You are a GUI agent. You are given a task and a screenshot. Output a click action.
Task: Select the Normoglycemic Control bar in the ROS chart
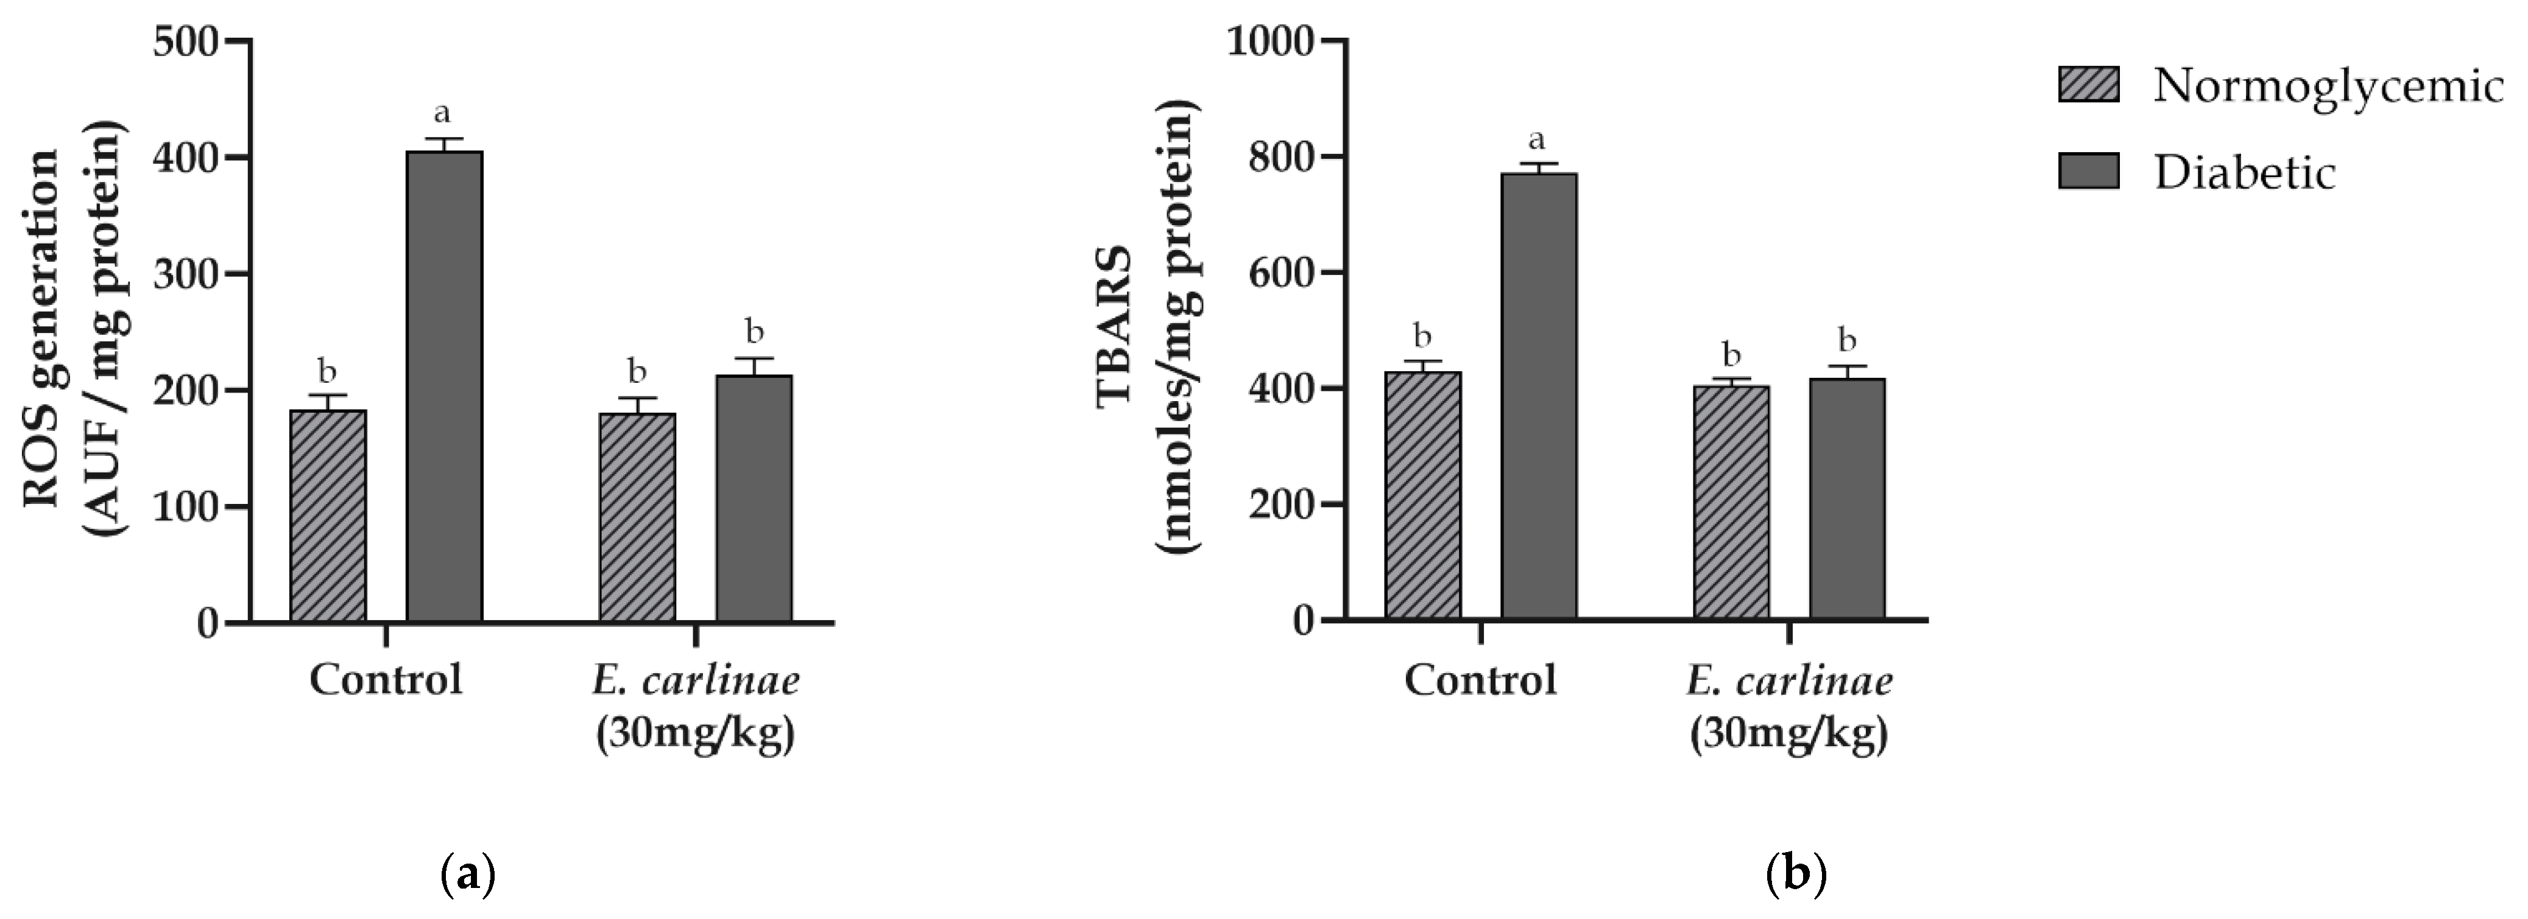[328, 516]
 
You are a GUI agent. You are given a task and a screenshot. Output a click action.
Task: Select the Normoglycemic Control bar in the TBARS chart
[1422, 495]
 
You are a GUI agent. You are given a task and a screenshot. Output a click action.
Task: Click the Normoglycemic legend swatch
[2088, 85]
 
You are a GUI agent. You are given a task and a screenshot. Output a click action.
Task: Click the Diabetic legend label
[2244, 173]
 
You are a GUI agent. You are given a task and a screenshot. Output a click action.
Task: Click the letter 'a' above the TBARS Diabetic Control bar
[1537, 138]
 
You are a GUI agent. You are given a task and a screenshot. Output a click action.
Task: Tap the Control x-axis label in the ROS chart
[386, 679]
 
